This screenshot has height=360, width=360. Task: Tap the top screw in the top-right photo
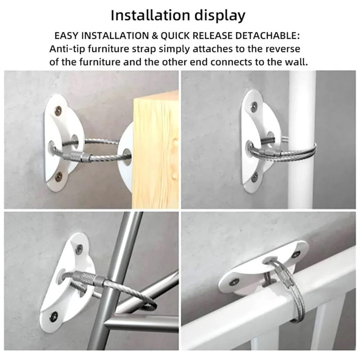point(254,107)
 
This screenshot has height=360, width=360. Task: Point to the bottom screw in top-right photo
point(255,177)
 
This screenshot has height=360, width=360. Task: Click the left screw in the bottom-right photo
point(234,282)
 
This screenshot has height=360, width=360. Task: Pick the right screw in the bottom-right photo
point(296,254)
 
